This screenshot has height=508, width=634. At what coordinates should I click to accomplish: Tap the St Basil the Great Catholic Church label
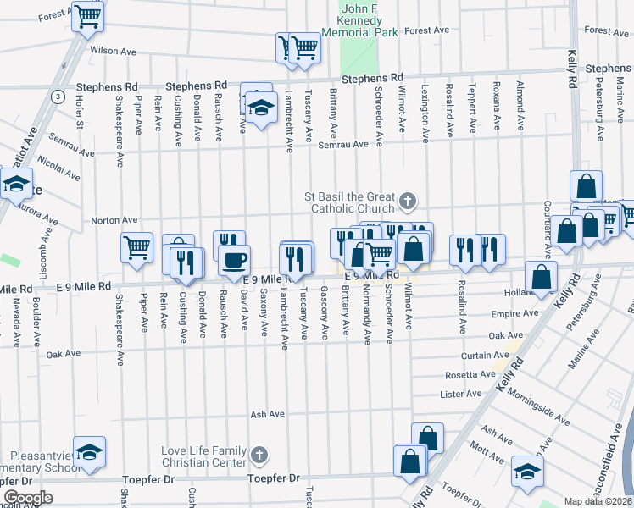pos(351,202)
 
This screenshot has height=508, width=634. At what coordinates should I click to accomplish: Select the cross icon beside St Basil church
pos(408,201)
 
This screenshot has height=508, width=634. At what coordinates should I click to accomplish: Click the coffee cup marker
pos(235,258)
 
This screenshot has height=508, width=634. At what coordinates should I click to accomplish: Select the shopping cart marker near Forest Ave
pos(86,16)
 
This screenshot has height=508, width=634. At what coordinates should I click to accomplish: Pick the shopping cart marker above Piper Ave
pos(136,247)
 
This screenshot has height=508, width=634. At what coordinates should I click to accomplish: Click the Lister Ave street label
pos(461,395)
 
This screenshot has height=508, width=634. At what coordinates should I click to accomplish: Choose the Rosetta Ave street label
pos(470,374)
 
